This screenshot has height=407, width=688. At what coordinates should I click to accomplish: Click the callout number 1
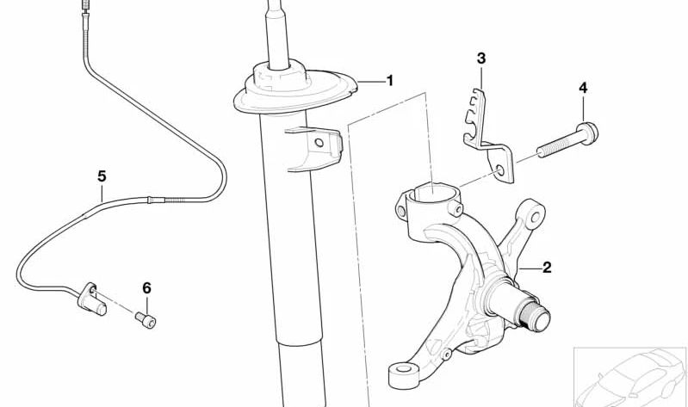click(x=389, y=81)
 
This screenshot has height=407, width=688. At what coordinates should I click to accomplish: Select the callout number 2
click(x=546, y=268)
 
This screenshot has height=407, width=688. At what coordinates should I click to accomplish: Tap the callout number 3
click(x=481, y=59)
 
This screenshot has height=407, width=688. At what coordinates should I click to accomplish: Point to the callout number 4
click(x=583, y=88)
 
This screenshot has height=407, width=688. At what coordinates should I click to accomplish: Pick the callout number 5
click(x=102, y=176)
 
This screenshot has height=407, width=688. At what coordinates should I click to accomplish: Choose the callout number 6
click(x=146, y=287)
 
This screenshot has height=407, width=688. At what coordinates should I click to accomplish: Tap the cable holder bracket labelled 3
click(x=487, y=129)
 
